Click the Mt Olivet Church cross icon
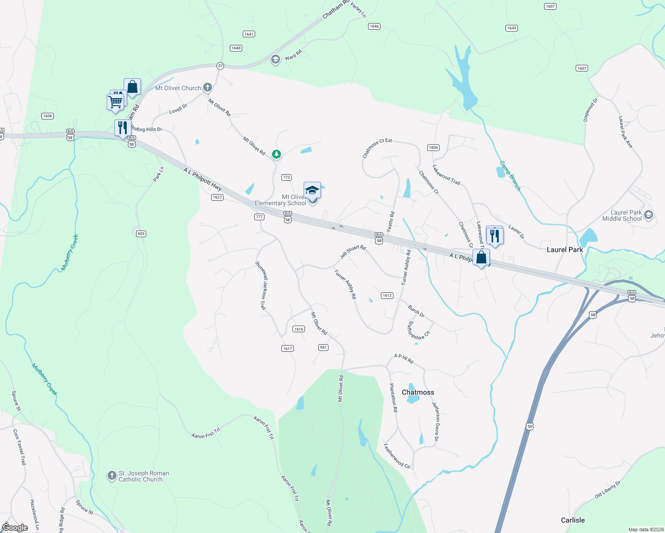coord(208,88)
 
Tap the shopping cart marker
coord(115,102)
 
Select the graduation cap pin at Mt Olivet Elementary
coord(312,190)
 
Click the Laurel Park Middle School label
coord(622,215)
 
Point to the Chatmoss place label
coord(418,392)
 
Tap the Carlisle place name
coord(573,520)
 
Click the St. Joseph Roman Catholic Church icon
coord(112,476)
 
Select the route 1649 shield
coord(511,28)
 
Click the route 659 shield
coord(141,234)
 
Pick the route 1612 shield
coord(387,295)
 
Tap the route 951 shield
coord(323,347)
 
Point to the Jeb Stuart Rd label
coord(353,252)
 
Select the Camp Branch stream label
coord(510,176)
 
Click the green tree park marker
coord(276,155)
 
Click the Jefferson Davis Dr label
coord(436,421)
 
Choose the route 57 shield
coord(220,66)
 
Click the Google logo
coord(15,527)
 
